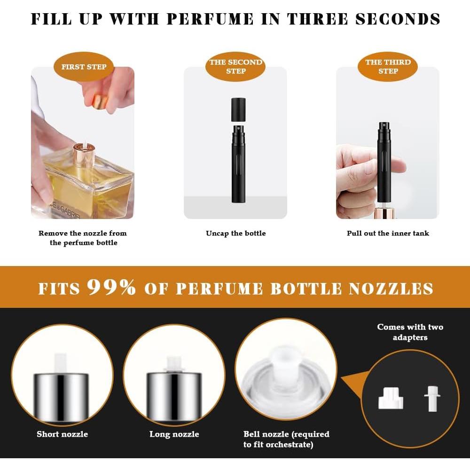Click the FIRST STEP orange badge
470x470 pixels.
click(84, 67)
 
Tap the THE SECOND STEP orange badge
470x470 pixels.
click(235, 67)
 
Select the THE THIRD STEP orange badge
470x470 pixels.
click(388, 67)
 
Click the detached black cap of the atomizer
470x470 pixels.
click(238, 109)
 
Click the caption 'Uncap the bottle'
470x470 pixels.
click(235, 233)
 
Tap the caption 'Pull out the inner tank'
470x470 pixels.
click(388, 233)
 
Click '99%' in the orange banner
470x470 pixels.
click(111, 287)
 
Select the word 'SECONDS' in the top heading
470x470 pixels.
click(398, 19)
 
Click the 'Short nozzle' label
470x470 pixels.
click(62, 434)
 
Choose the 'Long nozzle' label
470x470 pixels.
click(174, 434)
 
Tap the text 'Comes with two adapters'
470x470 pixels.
click(410, 332)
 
